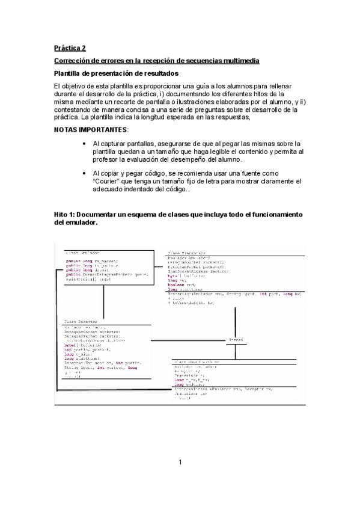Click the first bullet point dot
(84, 144)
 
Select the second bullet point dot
(84, 173)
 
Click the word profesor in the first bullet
(111, 159)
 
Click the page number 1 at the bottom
(180, 462)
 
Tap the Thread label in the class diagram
(235, 340)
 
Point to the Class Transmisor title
(187, 253)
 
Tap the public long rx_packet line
(92, 260)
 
